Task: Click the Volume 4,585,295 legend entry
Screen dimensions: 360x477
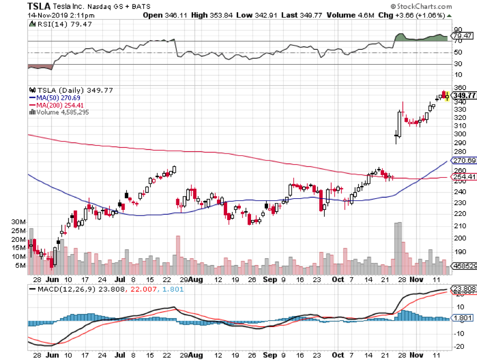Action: point(60,111)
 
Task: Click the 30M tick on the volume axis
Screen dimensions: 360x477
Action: point(20,222)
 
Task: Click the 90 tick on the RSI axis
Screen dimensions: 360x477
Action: point(457,30)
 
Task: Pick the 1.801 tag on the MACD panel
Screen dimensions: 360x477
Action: point(462,318)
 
